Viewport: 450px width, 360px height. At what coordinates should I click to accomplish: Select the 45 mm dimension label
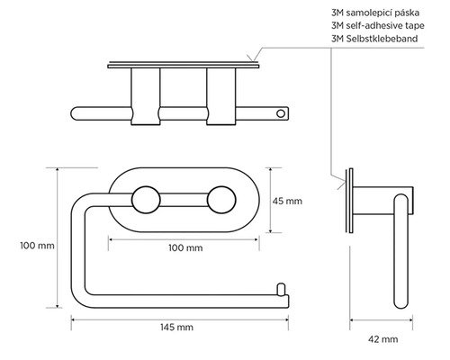pos(286,200)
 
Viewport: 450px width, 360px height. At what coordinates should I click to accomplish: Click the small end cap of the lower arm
pos(280,289)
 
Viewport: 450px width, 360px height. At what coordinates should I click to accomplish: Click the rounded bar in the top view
pos(180,114)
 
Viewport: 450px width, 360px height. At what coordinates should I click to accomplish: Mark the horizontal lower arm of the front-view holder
pos(180,296)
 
